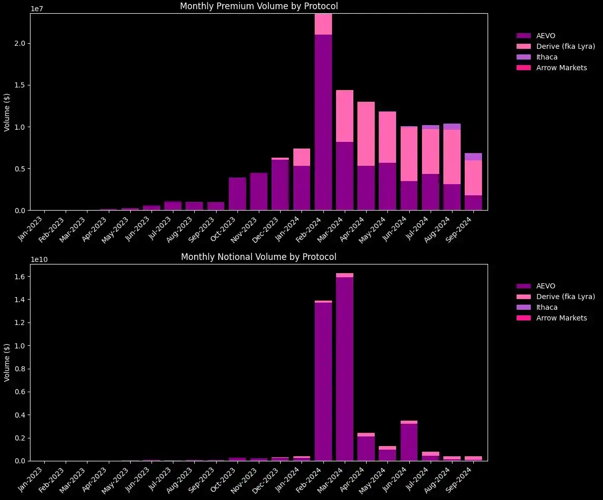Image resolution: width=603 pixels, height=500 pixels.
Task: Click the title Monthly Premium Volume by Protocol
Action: pos(259,6)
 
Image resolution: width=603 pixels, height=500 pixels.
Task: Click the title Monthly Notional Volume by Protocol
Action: pos(259,257)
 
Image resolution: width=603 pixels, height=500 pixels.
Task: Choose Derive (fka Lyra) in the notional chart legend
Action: pos(565,297)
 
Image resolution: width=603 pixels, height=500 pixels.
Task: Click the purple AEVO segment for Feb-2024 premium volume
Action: pos(323,122)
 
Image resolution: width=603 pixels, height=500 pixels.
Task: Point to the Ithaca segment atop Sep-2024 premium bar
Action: pos(473,157)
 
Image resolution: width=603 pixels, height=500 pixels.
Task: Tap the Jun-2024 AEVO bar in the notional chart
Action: pos(409,442)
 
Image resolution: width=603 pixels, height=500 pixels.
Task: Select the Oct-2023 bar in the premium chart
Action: pos(237,194)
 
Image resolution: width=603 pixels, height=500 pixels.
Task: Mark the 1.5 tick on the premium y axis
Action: pos(21,85)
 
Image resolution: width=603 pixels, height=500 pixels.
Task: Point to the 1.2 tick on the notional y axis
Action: pos(21,323)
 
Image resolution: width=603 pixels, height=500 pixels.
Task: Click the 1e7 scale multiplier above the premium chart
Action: pos(37,9)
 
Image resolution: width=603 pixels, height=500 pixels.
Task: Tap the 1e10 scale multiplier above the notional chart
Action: pos(39,259)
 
